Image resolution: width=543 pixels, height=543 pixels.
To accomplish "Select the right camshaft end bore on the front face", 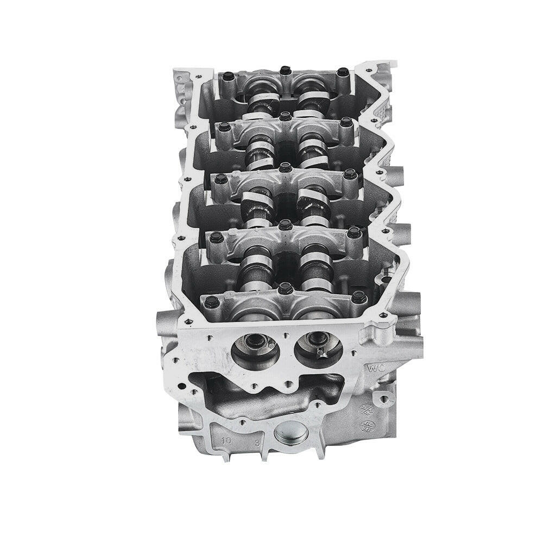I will click(318, 348).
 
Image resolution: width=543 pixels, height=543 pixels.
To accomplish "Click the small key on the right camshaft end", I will click(320, 353).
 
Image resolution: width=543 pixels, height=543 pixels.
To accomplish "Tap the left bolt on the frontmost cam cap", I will click(212, 301).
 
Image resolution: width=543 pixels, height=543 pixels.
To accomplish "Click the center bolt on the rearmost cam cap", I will click(285, 71).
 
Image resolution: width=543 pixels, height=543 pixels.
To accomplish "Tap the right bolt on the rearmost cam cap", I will click(342, 72).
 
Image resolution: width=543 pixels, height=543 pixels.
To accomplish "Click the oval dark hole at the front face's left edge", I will click(182, 387).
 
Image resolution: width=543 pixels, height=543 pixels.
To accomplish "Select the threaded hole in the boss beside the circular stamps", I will click(386, 400).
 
